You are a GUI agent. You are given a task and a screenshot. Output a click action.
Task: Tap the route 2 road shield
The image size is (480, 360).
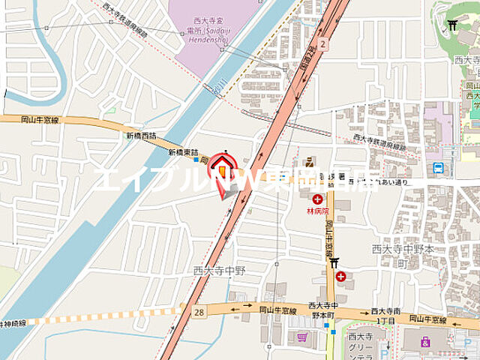coord(322,43)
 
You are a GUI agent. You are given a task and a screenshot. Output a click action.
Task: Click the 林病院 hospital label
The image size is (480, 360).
coord(318,211)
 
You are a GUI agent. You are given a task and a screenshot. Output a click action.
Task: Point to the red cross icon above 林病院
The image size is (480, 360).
coord(318,199)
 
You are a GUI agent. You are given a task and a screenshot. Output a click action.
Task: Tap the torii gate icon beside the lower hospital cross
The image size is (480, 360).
coord(333,262)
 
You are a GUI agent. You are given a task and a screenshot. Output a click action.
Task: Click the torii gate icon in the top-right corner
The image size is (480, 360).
coord(451,27)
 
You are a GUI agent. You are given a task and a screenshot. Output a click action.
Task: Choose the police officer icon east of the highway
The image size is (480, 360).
coord(309,161)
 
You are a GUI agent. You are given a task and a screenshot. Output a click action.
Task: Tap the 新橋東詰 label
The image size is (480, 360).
coord(182,151)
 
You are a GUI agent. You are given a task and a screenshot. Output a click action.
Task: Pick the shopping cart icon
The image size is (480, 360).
coord(301,338)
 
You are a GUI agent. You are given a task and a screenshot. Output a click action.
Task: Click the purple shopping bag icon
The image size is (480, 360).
coord(425,341)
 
